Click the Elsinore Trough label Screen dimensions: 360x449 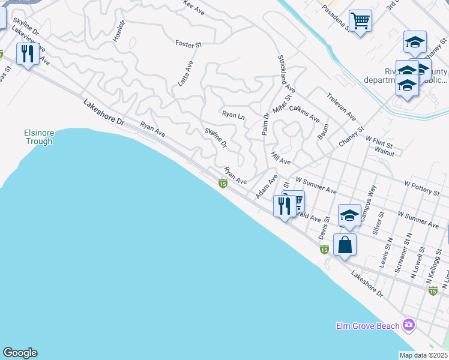38,137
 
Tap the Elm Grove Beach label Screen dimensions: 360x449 367,326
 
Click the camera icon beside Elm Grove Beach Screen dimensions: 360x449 409,325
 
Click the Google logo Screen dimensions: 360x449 20,353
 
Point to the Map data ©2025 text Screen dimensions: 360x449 423,355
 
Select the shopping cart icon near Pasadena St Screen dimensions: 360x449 360,22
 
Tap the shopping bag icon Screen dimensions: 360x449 345,245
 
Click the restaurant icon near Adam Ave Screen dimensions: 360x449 283,206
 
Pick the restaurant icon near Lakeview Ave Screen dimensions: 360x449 28,54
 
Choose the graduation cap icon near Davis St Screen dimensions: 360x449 349,214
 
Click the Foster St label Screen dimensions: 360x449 188,43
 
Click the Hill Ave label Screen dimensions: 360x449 281,158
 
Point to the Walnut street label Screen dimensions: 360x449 384,153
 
